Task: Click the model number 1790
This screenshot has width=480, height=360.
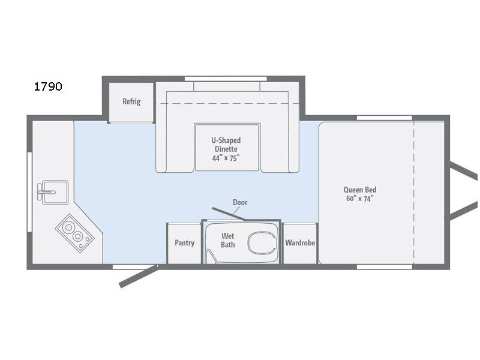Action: [x=48, y=86]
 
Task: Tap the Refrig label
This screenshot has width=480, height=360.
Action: [x=131, y=101]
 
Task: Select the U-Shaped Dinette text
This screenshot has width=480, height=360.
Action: [x=226, y=145]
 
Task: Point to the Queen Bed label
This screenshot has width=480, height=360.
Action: [x=359, y=190]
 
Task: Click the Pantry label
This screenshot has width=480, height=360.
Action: [x=184, y=243]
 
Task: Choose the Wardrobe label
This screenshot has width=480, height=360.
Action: [x=300, y=243]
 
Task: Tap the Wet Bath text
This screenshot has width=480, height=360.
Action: [x=228, y=241]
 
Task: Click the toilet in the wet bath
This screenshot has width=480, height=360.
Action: [x=262, y=243]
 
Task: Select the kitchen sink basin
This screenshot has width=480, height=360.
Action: [x=55, y=192]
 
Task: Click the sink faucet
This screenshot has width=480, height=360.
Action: [x=46, y=192]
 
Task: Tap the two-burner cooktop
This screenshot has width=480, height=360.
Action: [x=74, y=233]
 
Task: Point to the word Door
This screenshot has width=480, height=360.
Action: [x=240, y=202]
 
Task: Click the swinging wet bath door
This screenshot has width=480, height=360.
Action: [x=229, y=214]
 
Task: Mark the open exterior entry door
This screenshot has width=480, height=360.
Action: [x=139, y=277]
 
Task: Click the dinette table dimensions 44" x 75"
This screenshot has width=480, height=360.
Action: [x=226, y=158]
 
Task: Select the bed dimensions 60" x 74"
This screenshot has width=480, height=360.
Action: [x=359, y=199]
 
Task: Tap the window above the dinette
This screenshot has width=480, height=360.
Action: [x=226, y=79]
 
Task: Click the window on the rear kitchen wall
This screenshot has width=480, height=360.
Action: [x=29, y=192]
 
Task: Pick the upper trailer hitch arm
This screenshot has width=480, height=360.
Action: [x=463, y=172]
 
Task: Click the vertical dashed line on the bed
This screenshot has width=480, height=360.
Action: [x=414, y=193]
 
